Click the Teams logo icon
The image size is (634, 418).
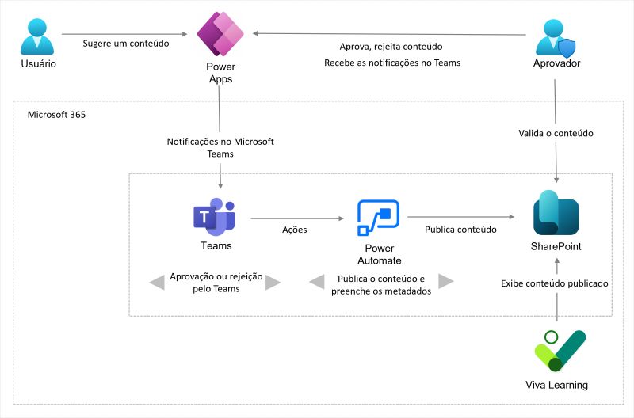tap(215, 215)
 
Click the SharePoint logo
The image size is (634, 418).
tap(556, 213)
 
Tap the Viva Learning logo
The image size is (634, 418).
tap(560, 351)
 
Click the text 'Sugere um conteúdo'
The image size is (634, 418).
tap(126, 44)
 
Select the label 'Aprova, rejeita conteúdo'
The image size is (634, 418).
tap(391, 47)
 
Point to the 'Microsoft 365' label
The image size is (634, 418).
tap(56, 114)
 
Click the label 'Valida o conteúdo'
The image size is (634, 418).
tap(556, 133)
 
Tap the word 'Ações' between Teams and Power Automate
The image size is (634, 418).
tap(295, 230)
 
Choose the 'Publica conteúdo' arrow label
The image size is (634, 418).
tap(460, 230)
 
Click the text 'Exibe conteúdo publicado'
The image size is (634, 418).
tap(555, 283)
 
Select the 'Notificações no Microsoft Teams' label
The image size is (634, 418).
tap(220, 147)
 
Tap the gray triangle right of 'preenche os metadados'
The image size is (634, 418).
tap(445, 282)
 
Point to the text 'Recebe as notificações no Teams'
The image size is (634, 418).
tap(391, 63)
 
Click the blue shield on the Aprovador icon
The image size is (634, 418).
tap(567, 48)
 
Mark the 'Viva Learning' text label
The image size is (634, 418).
tap(556, 386)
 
